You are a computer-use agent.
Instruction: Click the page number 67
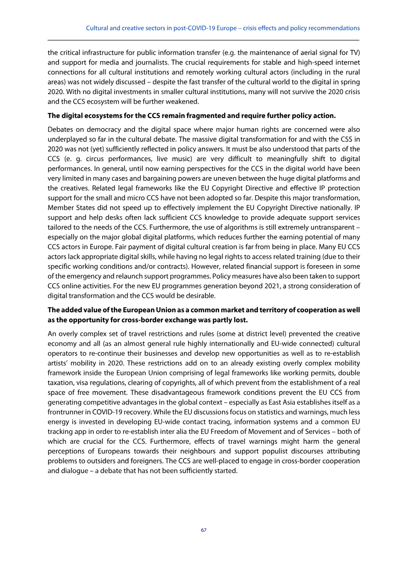[203, 530]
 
